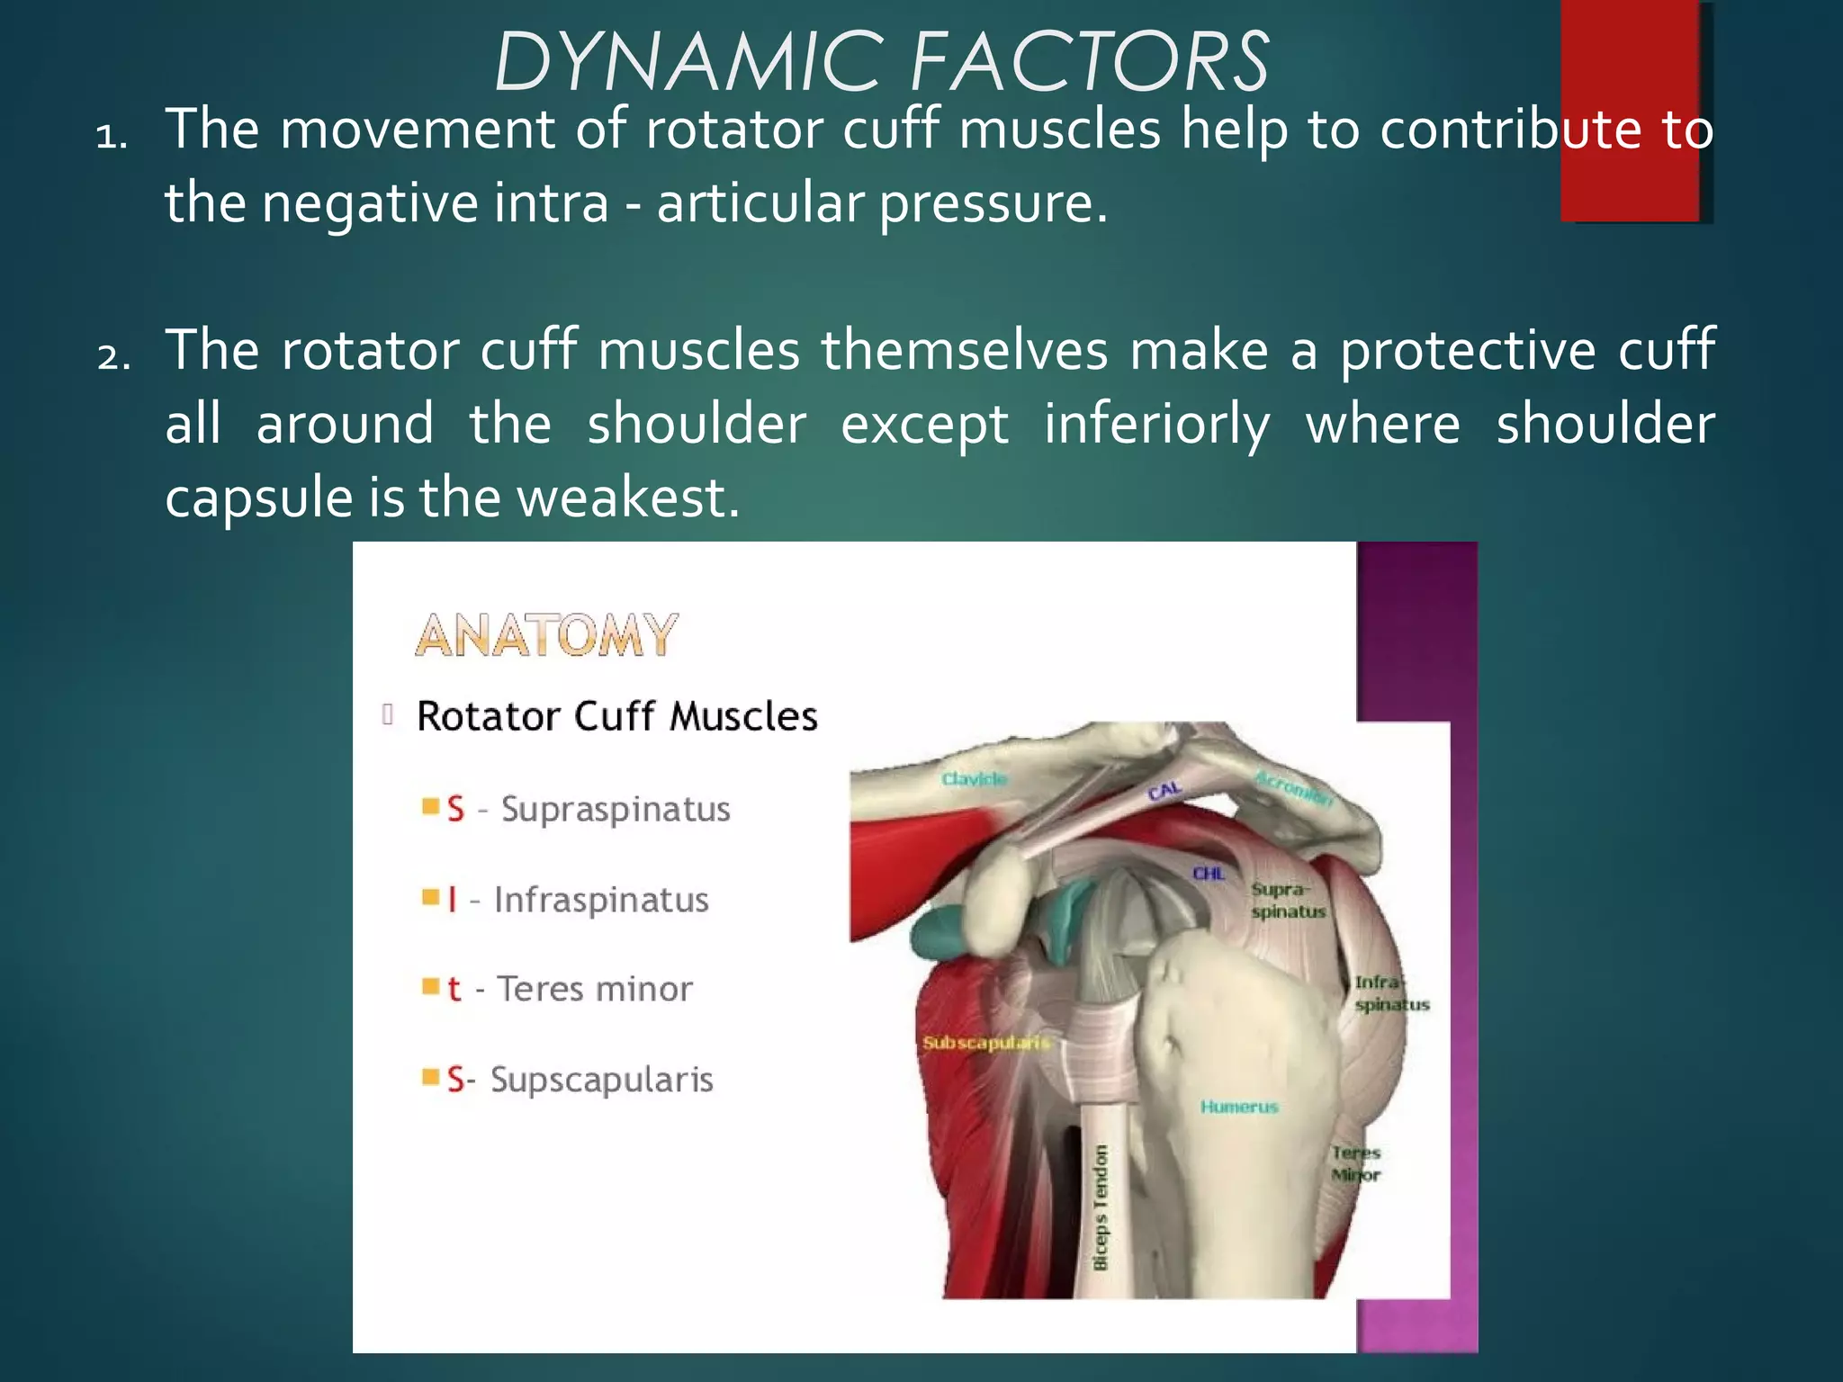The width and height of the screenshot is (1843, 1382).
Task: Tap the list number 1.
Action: tap(112, 137)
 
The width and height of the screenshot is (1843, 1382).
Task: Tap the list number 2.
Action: tap(113, 357)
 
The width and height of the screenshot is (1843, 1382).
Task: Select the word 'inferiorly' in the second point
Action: tap(1156, 425)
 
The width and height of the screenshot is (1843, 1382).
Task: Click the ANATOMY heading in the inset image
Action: tap(546, 635)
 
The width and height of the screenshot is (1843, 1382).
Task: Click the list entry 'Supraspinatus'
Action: tap(615, 809)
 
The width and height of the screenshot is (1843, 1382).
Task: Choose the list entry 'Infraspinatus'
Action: tap(600, 900)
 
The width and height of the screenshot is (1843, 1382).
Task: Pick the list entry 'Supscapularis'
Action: tap(601, 1079)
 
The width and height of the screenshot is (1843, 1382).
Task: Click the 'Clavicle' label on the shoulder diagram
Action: tap(974, 778)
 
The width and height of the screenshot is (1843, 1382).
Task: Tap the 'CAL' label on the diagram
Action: tap(1164, 791)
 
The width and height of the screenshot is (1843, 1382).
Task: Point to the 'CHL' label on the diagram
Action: tap(1209, 873)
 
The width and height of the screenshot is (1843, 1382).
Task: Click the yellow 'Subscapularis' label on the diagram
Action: tap(985, 1043)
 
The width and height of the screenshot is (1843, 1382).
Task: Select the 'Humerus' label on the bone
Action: tap(1238, 1107)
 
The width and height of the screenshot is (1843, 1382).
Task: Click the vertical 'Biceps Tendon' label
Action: tap(1100, 1207)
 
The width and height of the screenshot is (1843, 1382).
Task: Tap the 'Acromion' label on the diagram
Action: tap(1293, 788)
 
